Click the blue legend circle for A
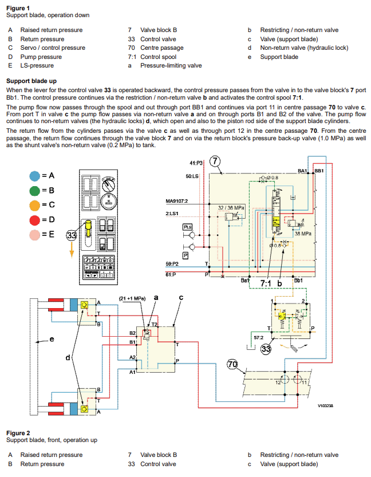[35, 175]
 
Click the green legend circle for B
[35, 190]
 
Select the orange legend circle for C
[35, 204]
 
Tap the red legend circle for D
[35, 219]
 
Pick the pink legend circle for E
[35, 234]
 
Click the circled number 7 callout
[215, 161]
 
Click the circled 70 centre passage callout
[233, 365]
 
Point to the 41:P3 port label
[196, 163]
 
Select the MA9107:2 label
[177, 201]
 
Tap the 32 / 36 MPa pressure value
[231, 207]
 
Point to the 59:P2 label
[172, 264]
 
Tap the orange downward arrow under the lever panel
[72, 249]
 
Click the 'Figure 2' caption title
[18, 433]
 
